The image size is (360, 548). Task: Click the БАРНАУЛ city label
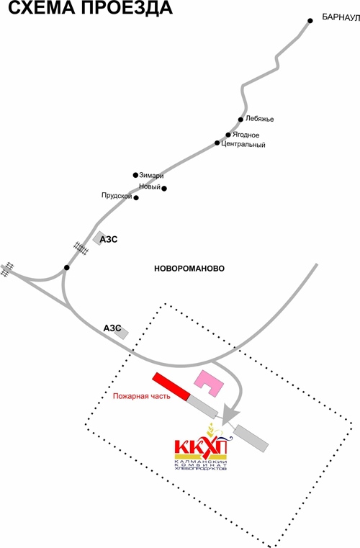[x=341, y=17]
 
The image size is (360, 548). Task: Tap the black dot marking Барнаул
[x=310, y=21]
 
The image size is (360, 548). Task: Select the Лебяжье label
[x=260, y=119]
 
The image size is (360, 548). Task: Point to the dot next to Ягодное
[x=228, y=135]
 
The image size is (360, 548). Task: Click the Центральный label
[x=243, y=145]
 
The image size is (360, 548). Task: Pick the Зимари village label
[x=151, y=176]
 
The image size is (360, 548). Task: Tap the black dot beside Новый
[x=164, y=189]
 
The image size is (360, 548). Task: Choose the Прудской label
[x=117, y=196]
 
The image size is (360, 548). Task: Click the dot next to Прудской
[x=136, y=198]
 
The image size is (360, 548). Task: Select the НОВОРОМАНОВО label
[x=189, y=269]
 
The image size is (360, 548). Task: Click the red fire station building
[x=171, y=386]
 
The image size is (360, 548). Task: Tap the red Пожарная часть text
[x=142, y=396]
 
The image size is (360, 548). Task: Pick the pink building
[x=209, y=383]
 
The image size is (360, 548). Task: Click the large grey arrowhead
[x=230, y=415]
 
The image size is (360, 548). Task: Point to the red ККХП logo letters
[x=201, y=446]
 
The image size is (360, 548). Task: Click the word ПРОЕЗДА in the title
[x=127, y=8]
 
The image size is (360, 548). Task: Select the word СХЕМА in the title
[x=41, y=8]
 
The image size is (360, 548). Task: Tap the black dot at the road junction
[x=67, y=268]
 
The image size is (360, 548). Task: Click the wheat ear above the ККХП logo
[x=211, y=428]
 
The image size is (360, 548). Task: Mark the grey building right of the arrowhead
[x=251, y=439]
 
